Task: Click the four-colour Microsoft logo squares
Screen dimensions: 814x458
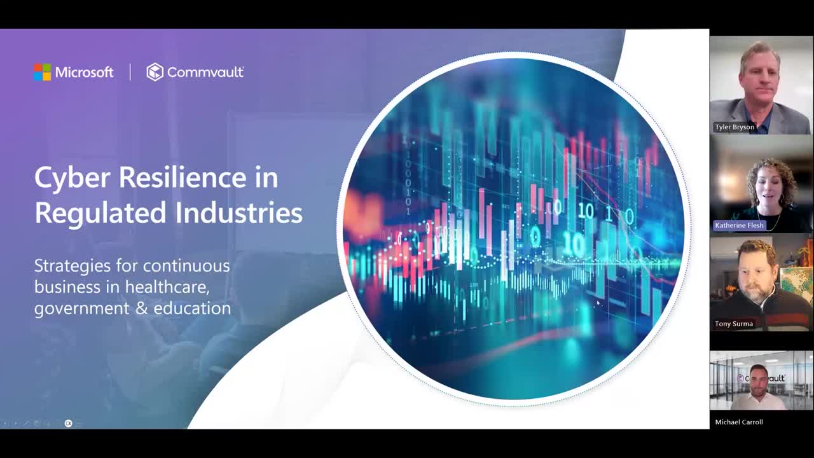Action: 42,72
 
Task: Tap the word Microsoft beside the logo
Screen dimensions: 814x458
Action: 85,73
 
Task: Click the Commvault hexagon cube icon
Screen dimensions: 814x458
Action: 155,72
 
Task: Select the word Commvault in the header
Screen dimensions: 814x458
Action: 205,73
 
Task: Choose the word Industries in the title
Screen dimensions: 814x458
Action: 239,212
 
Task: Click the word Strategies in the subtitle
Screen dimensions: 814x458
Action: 72,267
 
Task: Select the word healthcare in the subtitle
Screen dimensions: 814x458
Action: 167,287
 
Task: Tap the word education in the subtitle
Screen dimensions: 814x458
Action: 192,309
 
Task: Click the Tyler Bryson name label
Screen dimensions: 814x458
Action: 735,127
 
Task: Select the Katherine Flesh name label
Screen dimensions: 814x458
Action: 739,225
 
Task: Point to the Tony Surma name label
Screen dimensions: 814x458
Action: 734,324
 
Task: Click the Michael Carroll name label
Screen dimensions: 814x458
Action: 739,422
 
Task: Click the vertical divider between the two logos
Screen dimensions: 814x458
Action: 130,72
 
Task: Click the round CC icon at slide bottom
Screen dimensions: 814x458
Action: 68,423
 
